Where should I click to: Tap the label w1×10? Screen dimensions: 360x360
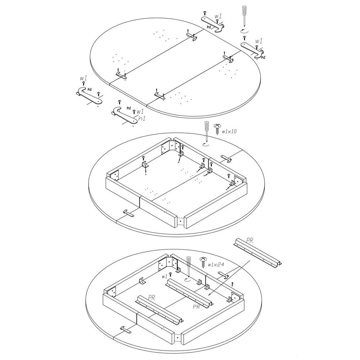pyautogui.click(x=229, y=132)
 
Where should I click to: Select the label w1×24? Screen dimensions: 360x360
pyautogui.click(x=216, y=265)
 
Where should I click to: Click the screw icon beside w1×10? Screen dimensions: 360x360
pyautogui.click(x=217, y=128)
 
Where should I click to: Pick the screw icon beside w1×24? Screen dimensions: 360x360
pyautogui.click(x=204, y=261)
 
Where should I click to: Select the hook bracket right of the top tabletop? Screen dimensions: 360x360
pyautogui.click(x=253, y=50)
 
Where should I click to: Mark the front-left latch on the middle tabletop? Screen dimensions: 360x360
pyautogui.click(x=129, y=213)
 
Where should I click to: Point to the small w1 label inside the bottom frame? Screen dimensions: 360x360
pyautogui.click(x=165, y=276)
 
